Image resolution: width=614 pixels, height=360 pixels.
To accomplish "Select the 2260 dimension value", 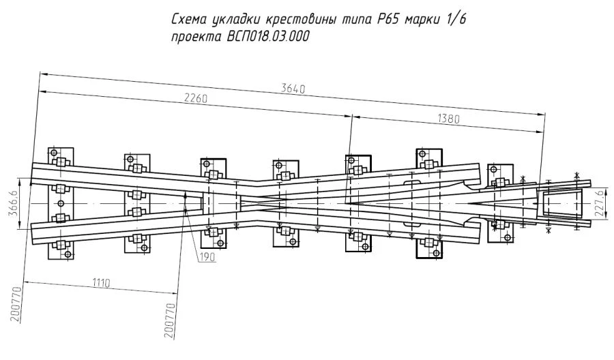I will [196, 99].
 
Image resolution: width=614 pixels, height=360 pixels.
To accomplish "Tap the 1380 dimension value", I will [447, 119].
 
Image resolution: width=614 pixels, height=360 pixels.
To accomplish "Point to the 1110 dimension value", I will [102, 282].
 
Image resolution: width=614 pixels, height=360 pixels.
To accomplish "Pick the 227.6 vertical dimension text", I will [598, 202].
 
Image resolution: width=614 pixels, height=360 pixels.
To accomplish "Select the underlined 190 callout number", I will [207, 257].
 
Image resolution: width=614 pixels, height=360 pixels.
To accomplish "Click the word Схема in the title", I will [192, 20].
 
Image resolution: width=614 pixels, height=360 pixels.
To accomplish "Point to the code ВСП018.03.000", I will [265, 38].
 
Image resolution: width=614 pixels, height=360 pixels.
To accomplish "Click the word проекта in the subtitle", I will [195, 38].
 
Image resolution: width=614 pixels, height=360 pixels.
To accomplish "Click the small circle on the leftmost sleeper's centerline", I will [61, 204].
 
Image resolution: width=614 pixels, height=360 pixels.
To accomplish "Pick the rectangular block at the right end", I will [564, 204].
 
